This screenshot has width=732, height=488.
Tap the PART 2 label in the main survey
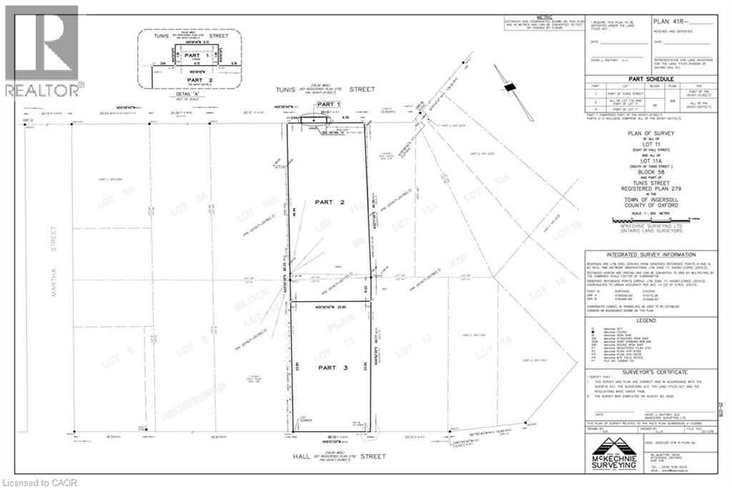(330, 202)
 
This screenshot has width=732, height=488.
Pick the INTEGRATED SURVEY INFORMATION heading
(650, 255)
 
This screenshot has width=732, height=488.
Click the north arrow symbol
(509, 87)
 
